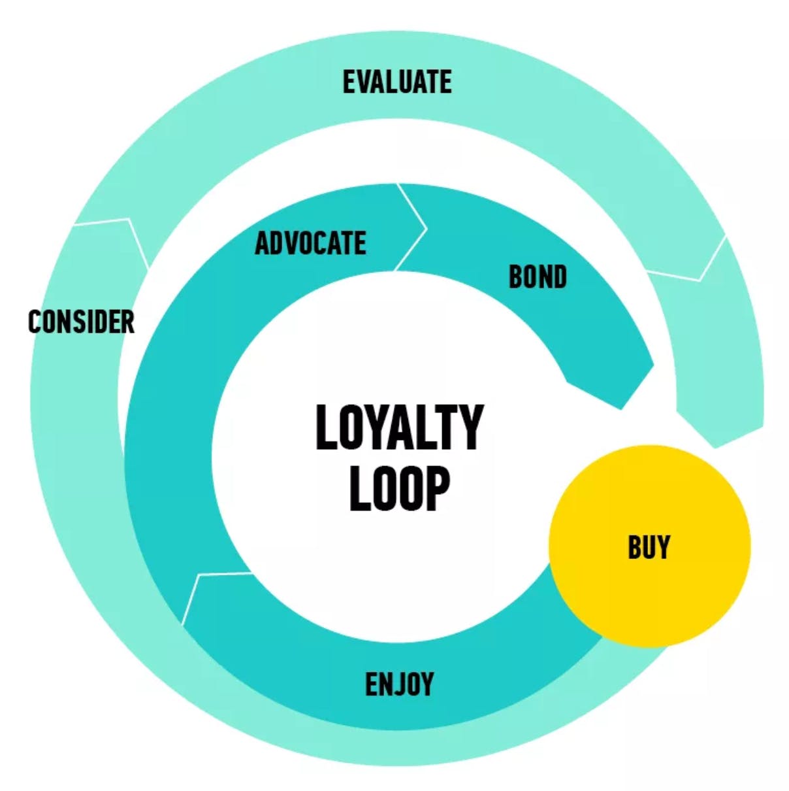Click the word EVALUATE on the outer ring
coord(397,82)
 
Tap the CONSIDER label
coord(81,322)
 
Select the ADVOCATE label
coord(311,243)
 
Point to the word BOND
coord(538,277)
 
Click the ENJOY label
coord(399,684)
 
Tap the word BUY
coord(649,547)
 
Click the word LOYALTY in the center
coord(400,428)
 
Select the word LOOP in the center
coord(400,488)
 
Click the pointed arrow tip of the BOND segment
coord(620,409)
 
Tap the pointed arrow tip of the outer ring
coord(715,447)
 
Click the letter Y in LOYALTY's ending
coord(468,428)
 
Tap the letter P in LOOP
coord(437,488)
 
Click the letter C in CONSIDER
coord(35,322)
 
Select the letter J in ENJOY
coord(399,684)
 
